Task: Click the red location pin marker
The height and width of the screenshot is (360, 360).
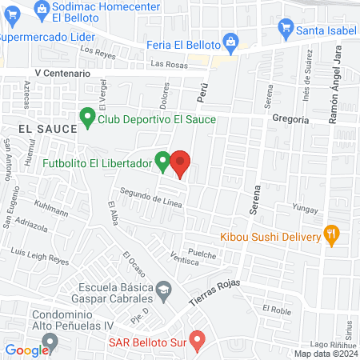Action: click(181, 164)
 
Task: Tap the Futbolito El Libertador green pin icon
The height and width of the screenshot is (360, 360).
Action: click(162, 162)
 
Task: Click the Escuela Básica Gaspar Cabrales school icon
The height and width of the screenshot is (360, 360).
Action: click(163, 289)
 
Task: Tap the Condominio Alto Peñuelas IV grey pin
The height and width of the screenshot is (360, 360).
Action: click(50, 342)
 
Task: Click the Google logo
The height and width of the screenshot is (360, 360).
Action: click(27, 350)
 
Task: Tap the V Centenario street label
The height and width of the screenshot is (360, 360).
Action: click(62, 73)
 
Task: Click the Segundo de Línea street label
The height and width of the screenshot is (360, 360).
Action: click(151, 198)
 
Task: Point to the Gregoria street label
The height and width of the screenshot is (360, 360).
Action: click(291, 119)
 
